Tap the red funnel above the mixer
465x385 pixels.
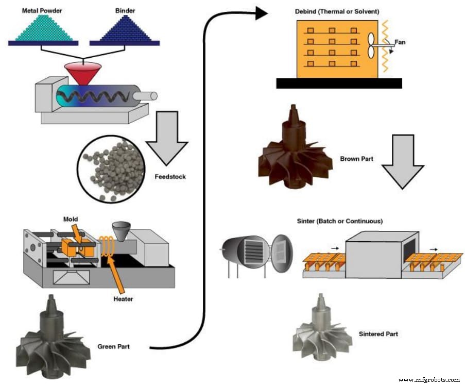[x=82, y=72]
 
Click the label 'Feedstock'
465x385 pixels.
[x=169, y=177]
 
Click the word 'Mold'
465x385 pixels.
[x=71, y=219]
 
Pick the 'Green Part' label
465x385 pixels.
[x=113, y=346]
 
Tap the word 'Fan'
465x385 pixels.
[x=400, y=42]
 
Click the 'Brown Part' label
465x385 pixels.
[x=357, y=159]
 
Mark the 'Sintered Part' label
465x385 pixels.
[x=378, y=334]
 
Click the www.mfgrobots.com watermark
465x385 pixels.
[x=429, y=379]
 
